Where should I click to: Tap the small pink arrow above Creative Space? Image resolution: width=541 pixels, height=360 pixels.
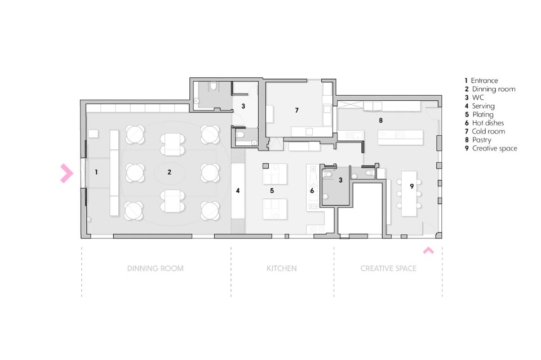(x=428, y=250)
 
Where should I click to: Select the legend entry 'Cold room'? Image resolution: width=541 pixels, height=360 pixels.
(x=485, y=131)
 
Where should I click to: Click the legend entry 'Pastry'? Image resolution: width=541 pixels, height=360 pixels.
(x=478, y=140)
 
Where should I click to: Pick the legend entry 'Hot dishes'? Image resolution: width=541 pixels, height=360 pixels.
(x=484, y=123)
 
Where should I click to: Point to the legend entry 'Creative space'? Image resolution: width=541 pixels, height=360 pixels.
(x=491, y=149)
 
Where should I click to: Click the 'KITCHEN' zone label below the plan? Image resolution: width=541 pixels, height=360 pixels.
(x=282, y=268)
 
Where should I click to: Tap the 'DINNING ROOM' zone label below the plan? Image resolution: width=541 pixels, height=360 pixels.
(x=156, y=268)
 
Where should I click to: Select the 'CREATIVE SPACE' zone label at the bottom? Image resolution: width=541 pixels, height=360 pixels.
(x=388, y=268)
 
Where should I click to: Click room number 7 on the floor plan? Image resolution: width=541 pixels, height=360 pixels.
(x=297, y=110)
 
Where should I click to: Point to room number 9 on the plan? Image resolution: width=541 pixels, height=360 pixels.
(x=411, y=186)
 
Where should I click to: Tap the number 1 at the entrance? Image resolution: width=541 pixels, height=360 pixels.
(x=96, y=172)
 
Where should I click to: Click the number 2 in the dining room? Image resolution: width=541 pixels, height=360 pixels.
(x=170, y=172)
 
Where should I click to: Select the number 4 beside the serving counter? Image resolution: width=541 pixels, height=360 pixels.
(x=238, y=190)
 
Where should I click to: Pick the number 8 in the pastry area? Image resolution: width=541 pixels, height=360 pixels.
(x=380, y=121)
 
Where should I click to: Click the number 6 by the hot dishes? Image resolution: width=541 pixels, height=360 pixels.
(x=312, y=190)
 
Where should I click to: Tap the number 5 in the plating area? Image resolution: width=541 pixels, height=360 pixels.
(x=272, y=190)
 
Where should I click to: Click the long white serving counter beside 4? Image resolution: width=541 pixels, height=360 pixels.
(x=238, y=190)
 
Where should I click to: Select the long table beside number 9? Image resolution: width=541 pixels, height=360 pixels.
(x=409, y=193)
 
